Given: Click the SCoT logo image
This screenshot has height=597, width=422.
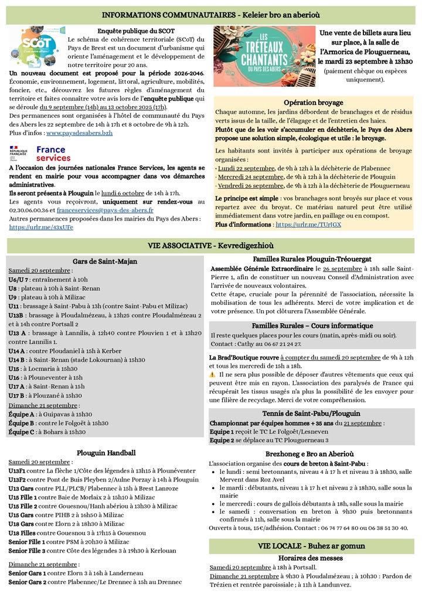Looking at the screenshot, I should click(38, 47).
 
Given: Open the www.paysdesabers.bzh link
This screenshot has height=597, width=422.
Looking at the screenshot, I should click(79, 133).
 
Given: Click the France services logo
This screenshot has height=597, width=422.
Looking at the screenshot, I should click(39, 154).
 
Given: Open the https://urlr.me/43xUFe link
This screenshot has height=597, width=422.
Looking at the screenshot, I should click(41, 227).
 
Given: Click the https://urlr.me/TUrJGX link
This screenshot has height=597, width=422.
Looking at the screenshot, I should click(308, 224).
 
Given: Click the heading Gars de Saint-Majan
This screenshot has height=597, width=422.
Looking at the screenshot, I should click(105, 261).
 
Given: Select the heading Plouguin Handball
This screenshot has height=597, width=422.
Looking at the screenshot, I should click(105, 452).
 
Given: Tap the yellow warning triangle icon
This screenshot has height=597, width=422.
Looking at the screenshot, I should click(212, 374).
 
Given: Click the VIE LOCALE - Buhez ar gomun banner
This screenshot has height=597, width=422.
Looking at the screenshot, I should click(311, 546).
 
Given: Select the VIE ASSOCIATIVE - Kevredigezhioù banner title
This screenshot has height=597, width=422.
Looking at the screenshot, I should click(210, 245).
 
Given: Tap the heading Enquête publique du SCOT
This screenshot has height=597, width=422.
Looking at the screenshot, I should click(136, 30).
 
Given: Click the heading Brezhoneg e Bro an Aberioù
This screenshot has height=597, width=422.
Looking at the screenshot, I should click(310, 453).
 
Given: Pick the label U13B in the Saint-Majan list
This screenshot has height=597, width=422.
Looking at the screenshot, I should click(16, 315).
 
